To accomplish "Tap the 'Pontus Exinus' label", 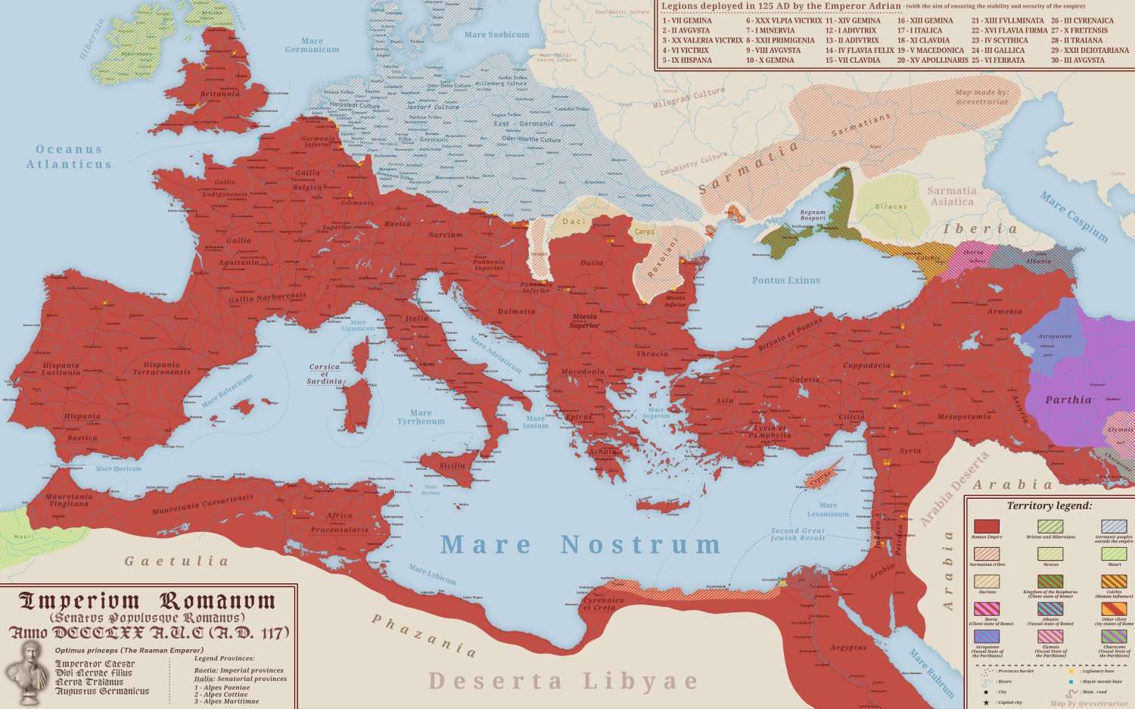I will pyautogui.click(x=785, y=281).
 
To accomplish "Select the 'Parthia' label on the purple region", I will pyautogui.click(x=1068, y=400).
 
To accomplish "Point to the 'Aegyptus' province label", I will pyautogui.click(x=847, y=648).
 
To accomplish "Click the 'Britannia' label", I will pyautogui.click(x=220, y=94).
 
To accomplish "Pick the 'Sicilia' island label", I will pyautogui.click(x=452, y=466).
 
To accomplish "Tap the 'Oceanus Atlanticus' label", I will pyautogui.click(x=69, y=157).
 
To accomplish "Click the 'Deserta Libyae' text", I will pyautogui.click(x=564, y=680).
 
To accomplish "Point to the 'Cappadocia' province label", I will pyautogui.click(x=866, y=365).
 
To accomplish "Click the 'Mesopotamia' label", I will pyautogui.click(x=964, y=417).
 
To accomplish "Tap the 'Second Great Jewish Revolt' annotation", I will pyautogui.click(x=798, y=534).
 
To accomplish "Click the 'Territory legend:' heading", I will pyautogui.click(x=1049, y=505).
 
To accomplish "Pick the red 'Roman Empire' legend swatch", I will pyautogui.click(x=987, y=527).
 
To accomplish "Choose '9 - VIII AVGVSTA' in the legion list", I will pyautogui.click(x=773, y=51).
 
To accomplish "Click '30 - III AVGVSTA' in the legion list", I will pyautogui.click(x=1077, y=61).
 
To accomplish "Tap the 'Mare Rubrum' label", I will pyautogui.click(x=931, y=673).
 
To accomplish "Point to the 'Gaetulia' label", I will pyautogui.click(x=176, y=561).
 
